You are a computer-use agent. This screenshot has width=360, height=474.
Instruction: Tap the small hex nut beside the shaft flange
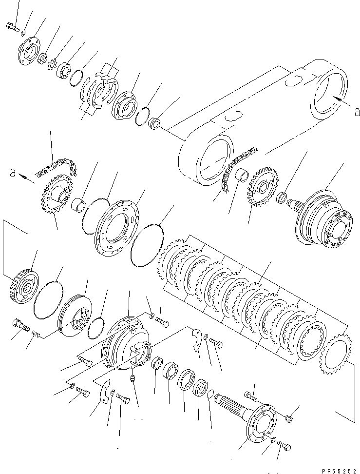(x=288, y=418)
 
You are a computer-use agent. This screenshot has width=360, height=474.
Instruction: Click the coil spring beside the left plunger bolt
(x=35, y=334)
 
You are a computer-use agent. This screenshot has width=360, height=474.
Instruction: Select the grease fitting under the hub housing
(x=133, y=378)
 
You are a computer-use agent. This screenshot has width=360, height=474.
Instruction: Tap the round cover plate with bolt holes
(x=116, y=225)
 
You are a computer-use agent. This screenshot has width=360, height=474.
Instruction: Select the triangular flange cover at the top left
(x=29, y=50)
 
